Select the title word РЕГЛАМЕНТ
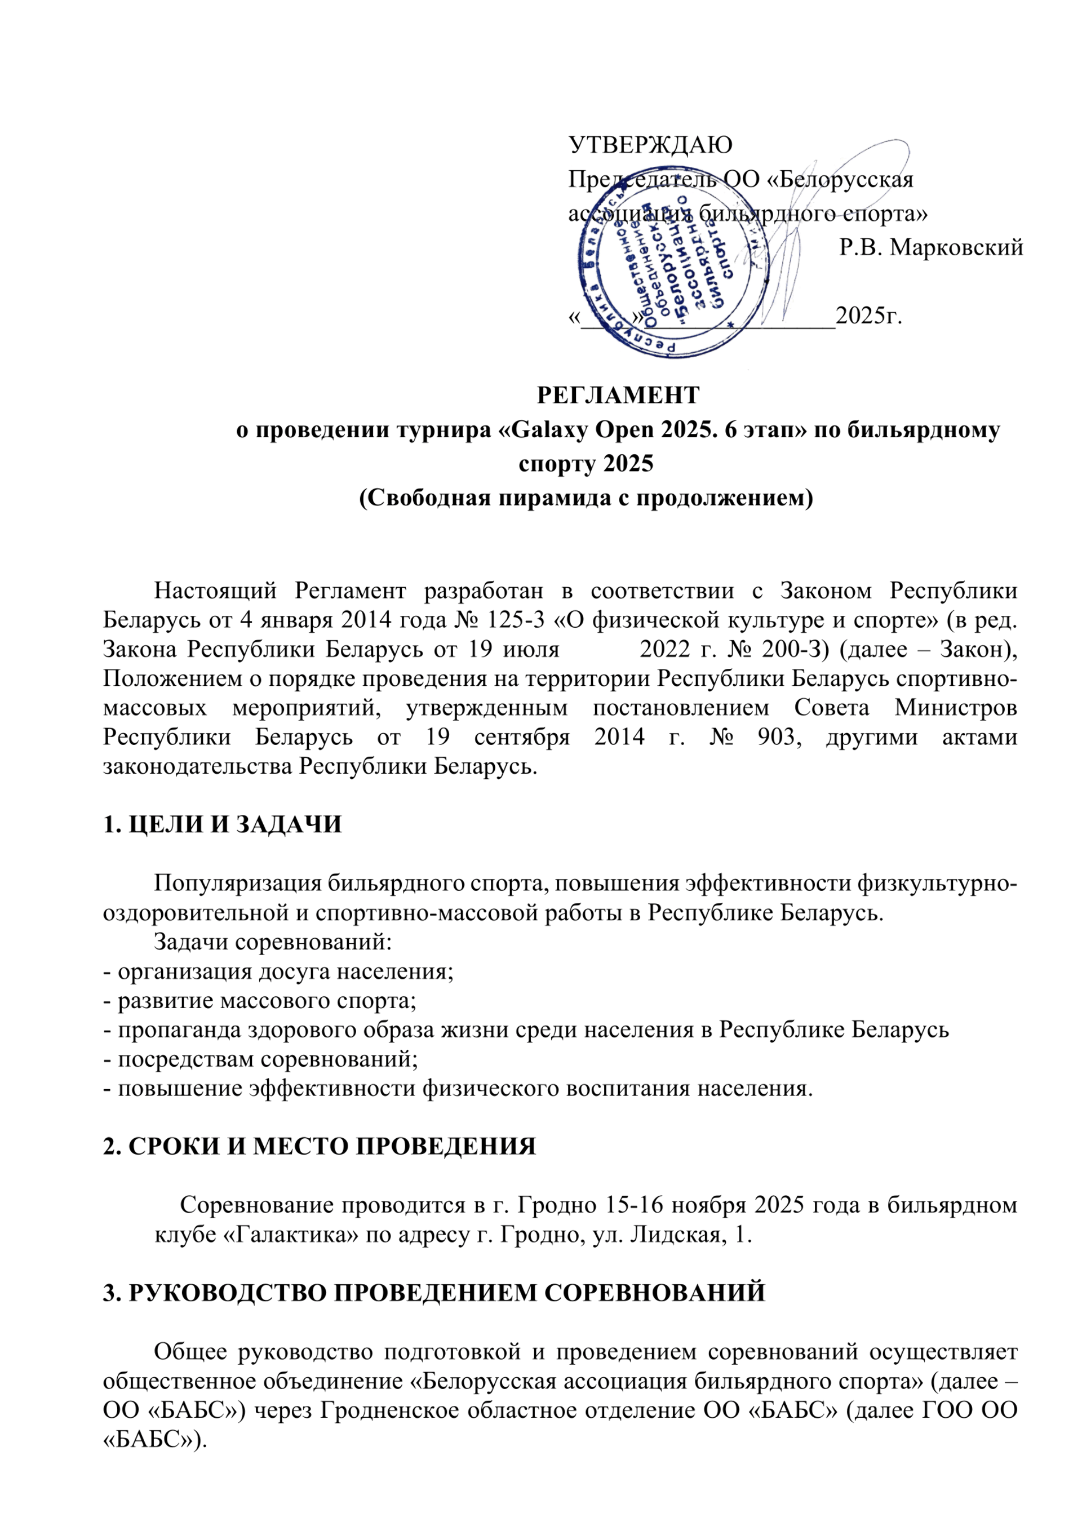(618, 396)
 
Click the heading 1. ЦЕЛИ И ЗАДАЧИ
(222, 825)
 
